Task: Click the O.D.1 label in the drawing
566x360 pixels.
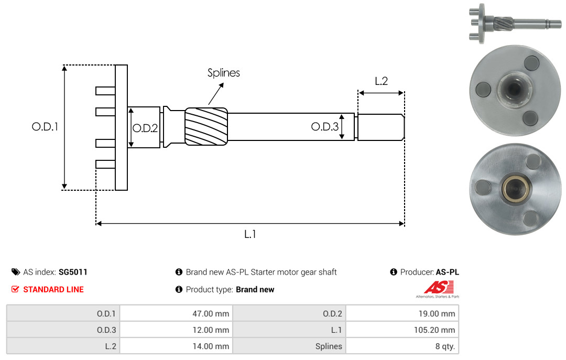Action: click(45, 127)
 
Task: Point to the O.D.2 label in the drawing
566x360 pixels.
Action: click(145, 128)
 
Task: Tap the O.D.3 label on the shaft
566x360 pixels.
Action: click(325, 127)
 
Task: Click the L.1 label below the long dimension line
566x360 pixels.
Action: click(250, 234)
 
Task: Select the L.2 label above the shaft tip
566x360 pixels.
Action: click(381, 81)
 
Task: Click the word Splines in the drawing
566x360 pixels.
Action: click(223, 73)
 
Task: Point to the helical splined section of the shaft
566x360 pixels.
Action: click(206, 126)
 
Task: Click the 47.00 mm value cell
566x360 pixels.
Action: click(176, 313)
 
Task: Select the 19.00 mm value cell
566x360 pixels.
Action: click(402, 313)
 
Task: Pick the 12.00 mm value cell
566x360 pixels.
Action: click(176, 330)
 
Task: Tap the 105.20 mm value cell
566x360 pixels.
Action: click(402, 330)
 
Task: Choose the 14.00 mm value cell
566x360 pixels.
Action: click(176, 346)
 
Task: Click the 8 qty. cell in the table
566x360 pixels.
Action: click(402, 346)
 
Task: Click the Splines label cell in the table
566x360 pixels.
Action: click(289, 346)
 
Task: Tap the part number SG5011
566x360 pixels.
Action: click(73, 272)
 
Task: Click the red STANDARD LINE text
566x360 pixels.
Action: click(53, 289)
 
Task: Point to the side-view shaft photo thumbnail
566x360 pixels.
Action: click(515, 24)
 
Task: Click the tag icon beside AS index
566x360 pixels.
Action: click(16, 272)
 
